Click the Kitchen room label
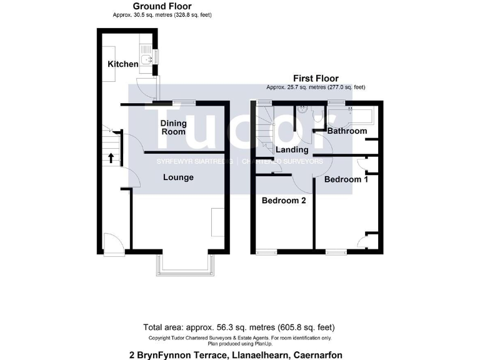point(122,64)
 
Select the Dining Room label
point(173,127)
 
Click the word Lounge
point(178,177)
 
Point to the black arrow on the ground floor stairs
point(111,157)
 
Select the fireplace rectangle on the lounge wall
point(217,222)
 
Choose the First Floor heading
point(316,78)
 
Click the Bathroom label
point(347,131)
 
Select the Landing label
point(292,150)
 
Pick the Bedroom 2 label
point(283,201)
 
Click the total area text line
point(239,327)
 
